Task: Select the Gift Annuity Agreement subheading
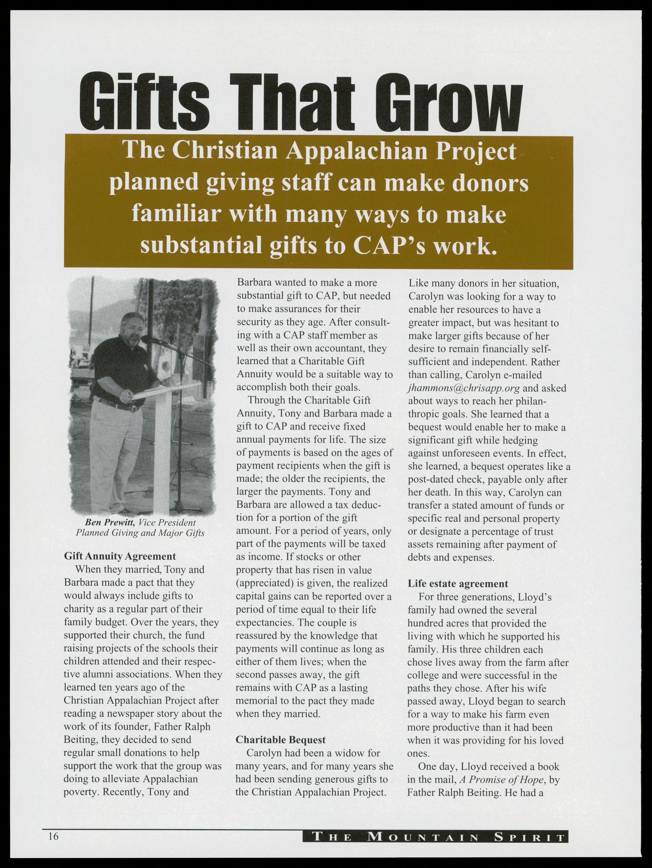click(x=120, y=556)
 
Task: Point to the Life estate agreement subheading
click(x=458, y=583)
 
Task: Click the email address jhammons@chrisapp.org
click(x=464, y=388)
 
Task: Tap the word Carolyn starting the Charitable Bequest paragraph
click(x=265, y=753)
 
